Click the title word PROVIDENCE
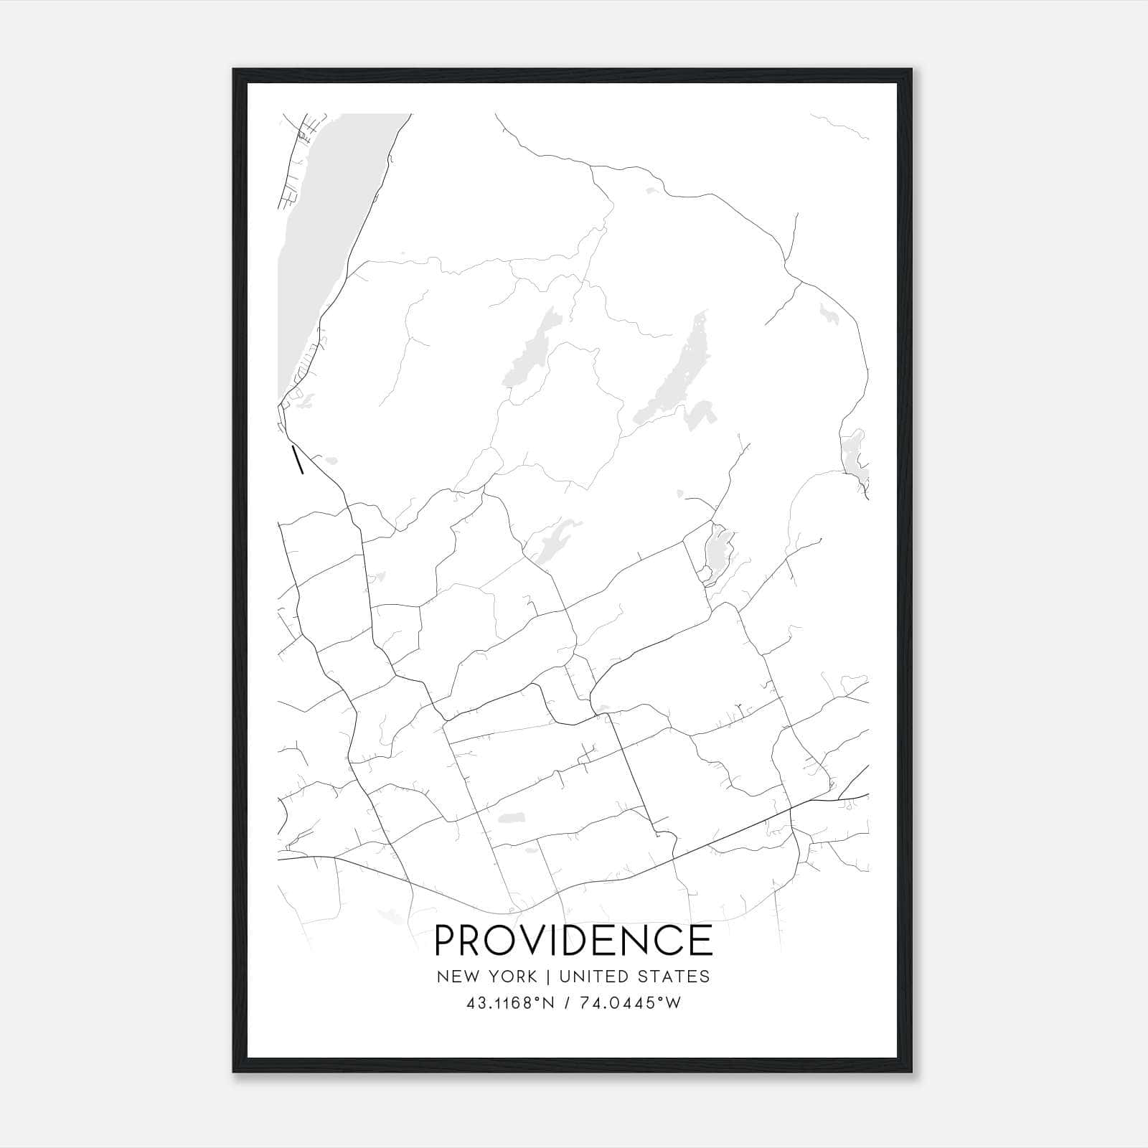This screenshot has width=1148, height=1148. (573, 941)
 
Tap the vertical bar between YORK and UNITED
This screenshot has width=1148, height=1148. (548, 977)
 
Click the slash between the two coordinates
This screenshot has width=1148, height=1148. (569, 1003)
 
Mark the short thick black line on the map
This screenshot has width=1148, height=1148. (297, 460)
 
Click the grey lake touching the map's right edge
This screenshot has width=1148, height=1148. (855, 456)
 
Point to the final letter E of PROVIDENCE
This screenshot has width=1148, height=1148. (700, 941)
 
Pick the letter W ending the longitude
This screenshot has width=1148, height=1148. (674, 1003)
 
